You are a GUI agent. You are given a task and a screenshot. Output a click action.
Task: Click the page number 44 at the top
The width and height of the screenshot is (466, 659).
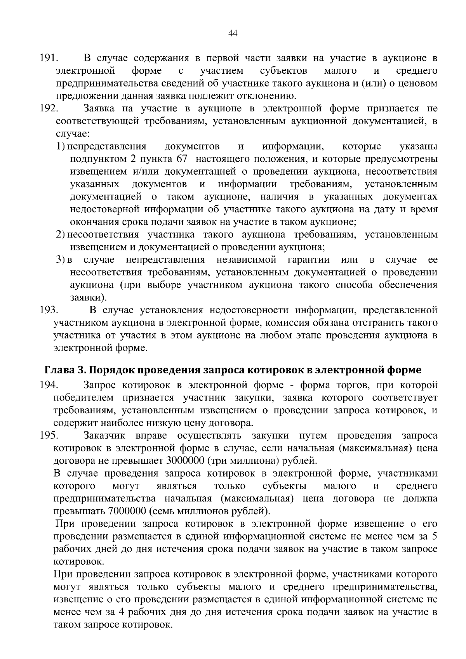pos(233,34)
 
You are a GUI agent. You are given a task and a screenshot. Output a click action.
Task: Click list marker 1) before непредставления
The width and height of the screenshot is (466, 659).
pos(60,147)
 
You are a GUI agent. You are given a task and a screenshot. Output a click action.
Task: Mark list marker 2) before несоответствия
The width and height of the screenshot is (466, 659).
pos(60,235)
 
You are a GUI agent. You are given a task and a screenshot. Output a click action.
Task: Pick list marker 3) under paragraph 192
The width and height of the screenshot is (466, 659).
pos(60,260)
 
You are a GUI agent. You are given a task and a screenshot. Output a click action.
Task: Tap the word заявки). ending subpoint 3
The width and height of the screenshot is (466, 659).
pos(88,297)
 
